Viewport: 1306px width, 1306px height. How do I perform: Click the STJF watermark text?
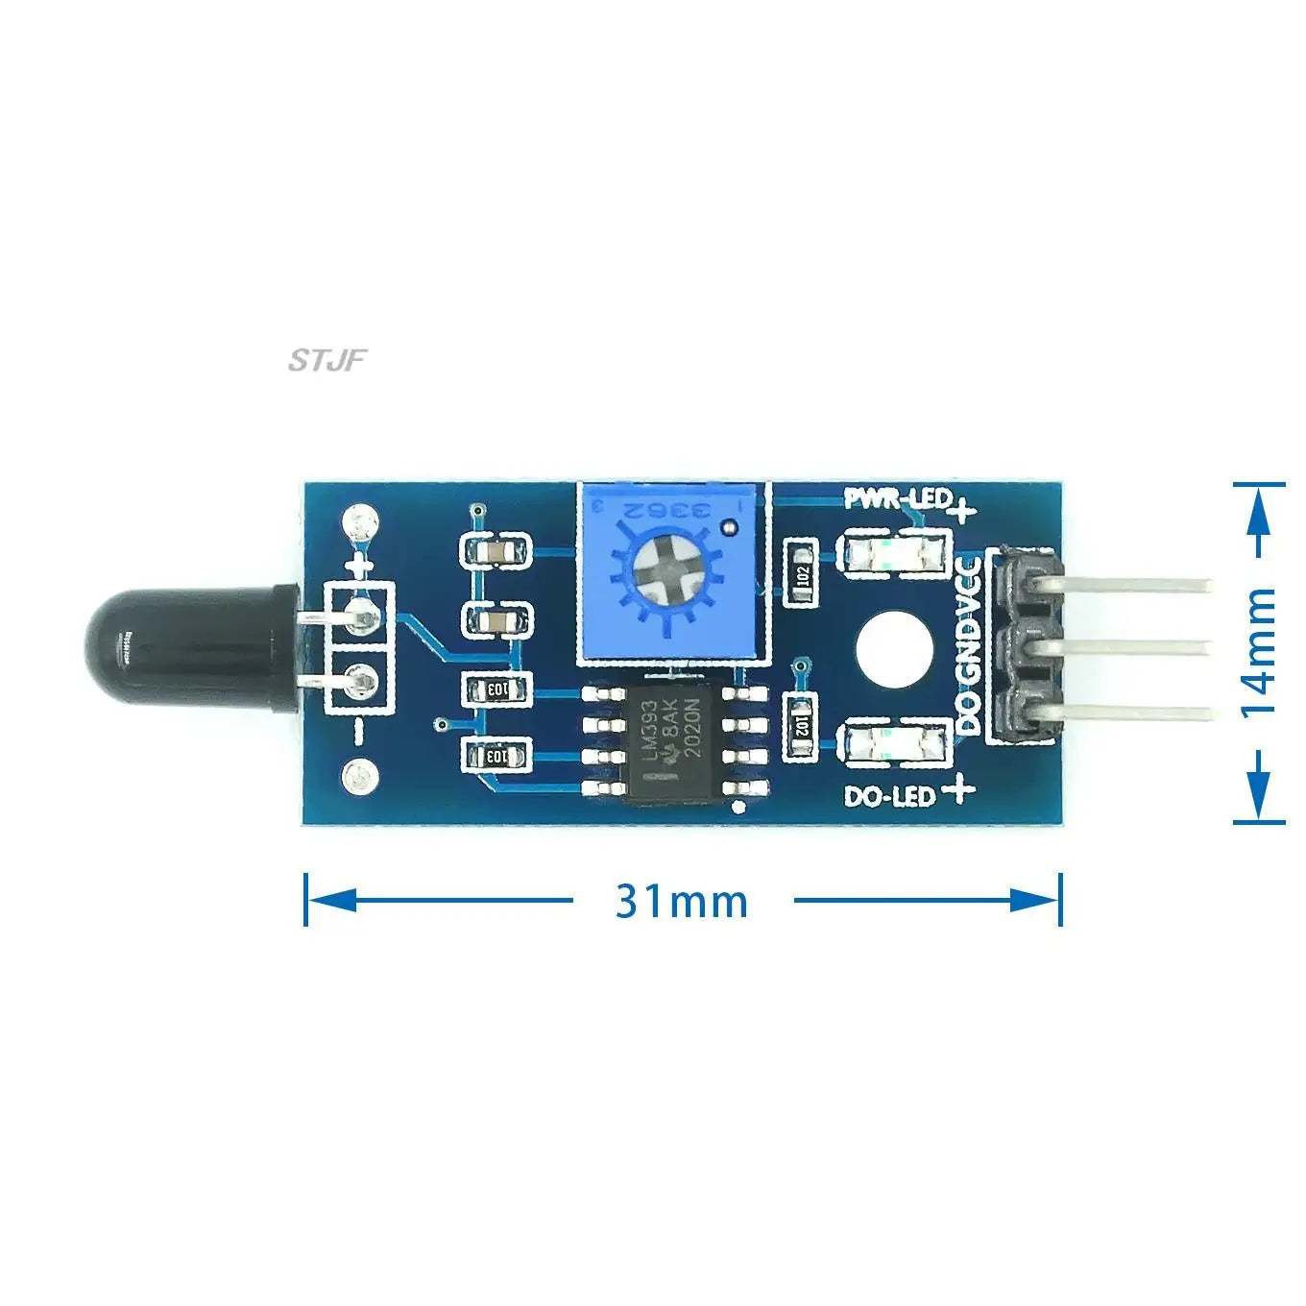tap(327, 361)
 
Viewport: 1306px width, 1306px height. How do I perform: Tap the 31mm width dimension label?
tap(681, 901)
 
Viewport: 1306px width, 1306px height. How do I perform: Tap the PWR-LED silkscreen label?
tap(897, 498)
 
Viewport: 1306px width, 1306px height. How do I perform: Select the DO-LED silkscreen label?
tap(888, 796)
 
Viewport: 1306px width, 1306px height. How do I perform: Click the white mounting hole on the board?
tap(894, 652)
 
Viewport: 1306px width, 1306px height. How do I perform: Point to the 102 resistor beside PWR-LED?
tap(802, 574)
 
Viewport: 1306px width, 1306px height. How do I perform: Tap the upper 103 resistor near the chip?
tap(496, 689)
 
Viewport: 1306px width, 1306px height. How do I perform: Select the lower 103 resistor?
tap(496, 756)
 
